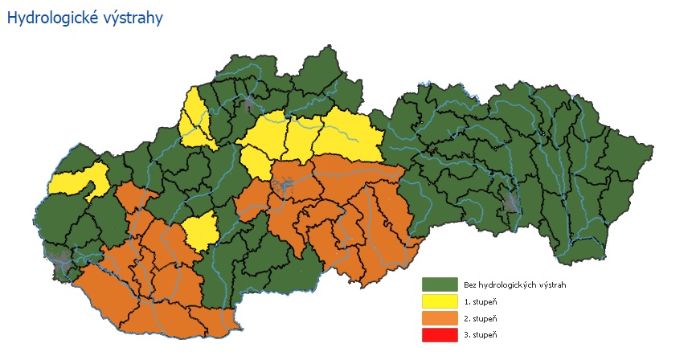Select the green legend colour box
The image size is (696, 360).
pyautogui.click(x=439, y=285)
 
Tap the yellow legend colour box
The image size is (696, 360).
pyautogui.click(x=439, y=302)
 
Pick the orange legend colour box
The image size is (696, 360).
pyautogui.click(x=439, y=318)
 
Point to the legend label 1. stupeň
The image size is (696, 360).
pyautogui.click(x=480, y=302)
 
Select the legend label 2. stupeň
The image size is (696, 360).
pyautogui.click(x=480, y=319)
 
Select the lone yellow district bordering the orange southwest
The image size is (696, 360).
pyautogui.click(x=199, y=231)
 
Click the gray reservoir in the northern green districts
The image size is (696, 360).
pyautogui.click(x=252, y=102)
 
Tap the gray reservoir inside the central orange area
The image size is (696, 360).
pyautogui.click(x=282, y=190)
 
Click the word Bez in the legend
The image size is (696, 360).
pyautogui.click(x=469, y=285)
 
